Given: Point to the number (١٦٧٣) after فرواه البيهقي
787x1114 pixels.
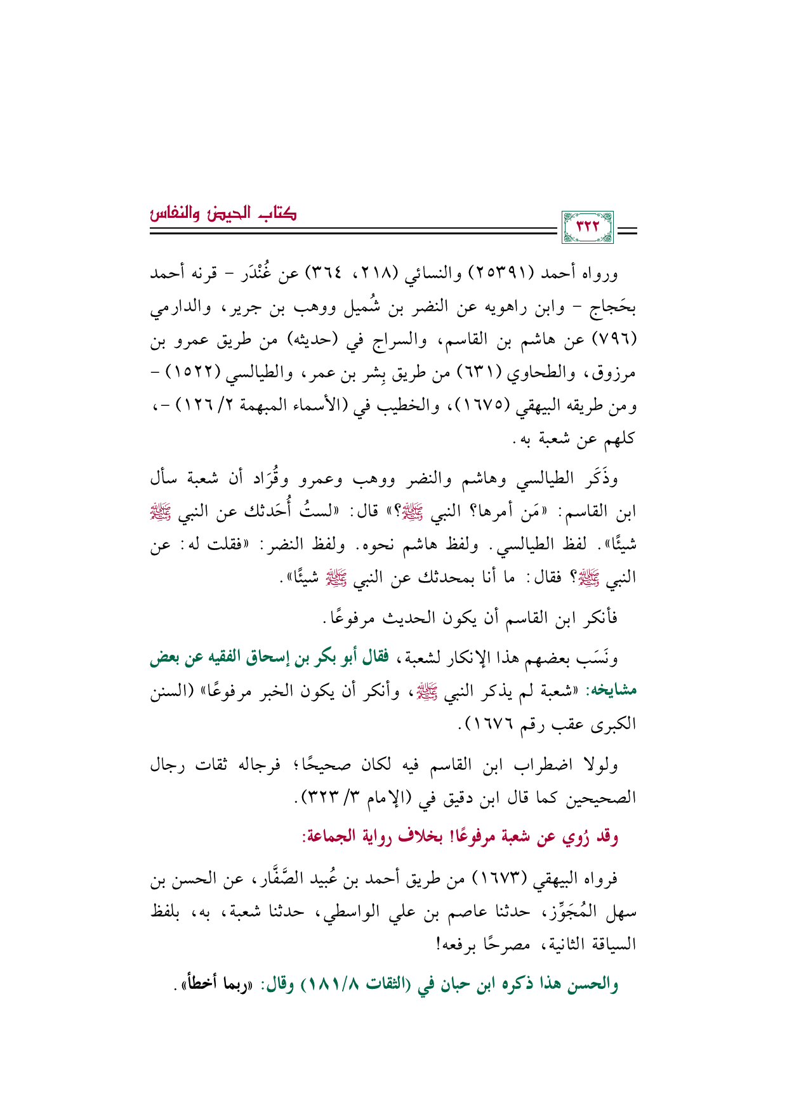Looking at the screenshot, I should [x=501, y=880].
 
